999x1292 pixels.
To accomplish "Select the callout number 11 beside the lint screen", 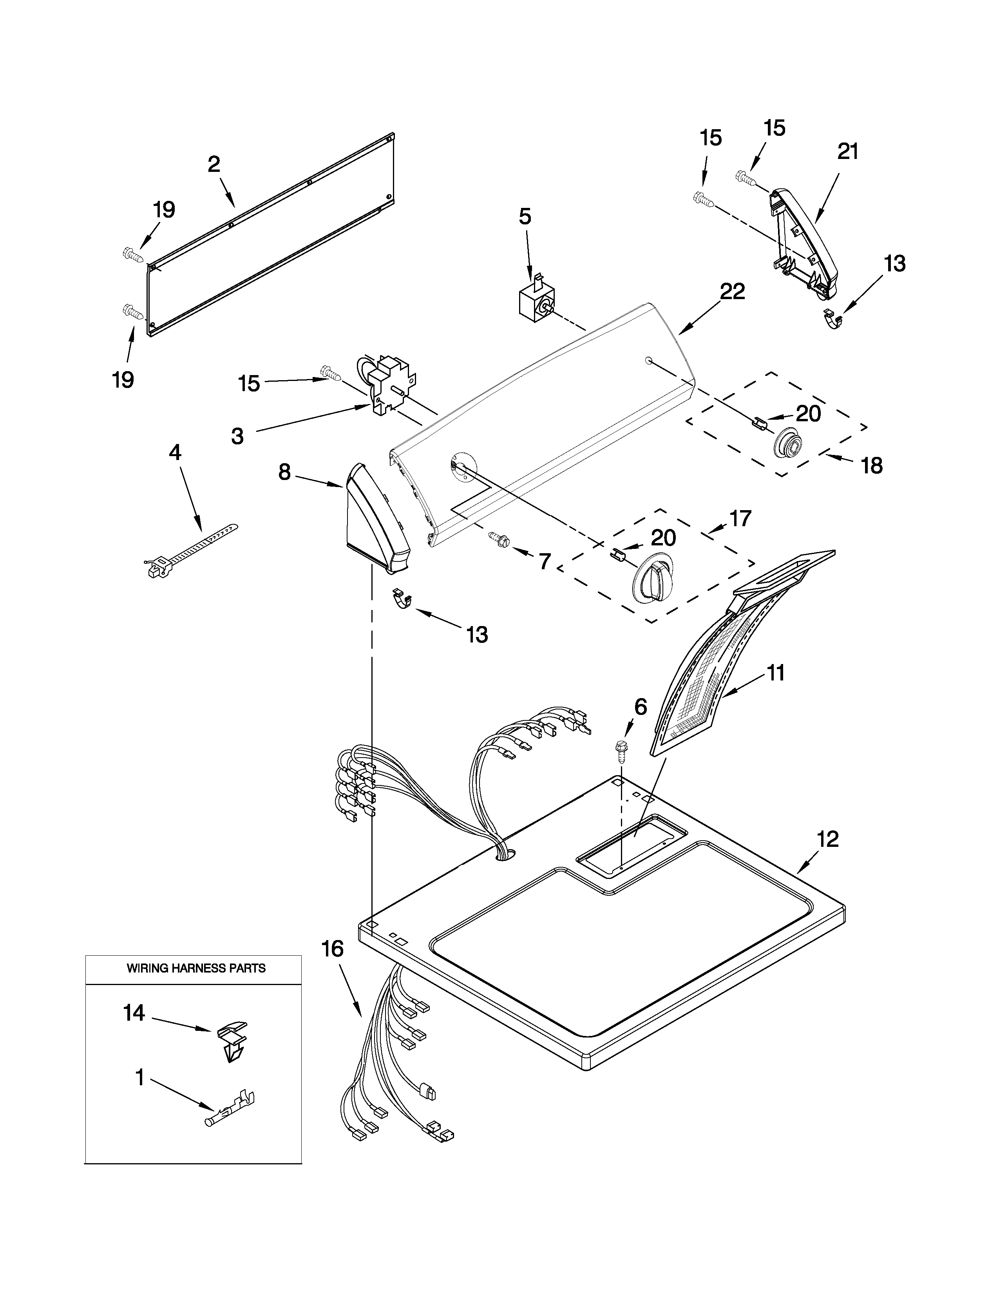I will pyautogui.click(x=776, y=673).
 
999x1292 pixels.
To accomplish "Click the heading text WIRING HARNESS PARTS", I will pyautogui.click(x=196, y=968).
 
